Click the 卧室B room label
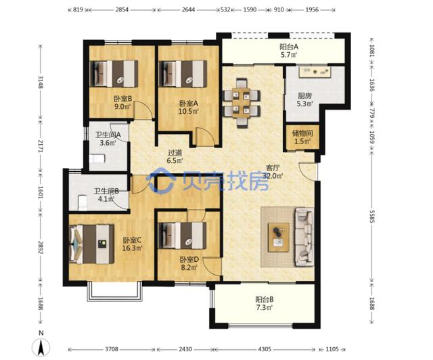pyautogui.click(x=123, y=98)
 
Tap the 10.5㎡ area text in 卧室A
pyautogui.click(x=189, y=111)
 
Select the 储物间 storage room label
pyautogui.click(x=302, y=133)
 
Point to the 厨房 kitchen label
pyautogui.click(x=304, y=95)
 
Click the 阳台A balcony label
pyautogui.click(x=289, y=47)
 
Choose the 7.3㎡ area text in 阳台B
pyautogui.click(x=265, y=307)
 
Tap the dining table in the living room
pyautogui.click(x=242, y=104)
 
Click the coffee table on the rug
pyautogui.click(x=279, y=238)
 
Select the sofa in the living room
pyautogui.click(x=304, y=237)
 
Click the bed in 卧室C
pyautogui.click(x=92, y=244)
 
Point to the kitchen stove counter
pyautogui.click(x=315, y=72)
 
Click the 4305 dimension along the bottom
pyautogui.click(x=265, y=349)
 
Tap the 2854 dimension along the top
pyautogui.click(x=122, y=9)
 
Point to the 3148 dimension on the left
pyautogui.click(x=41, y=82)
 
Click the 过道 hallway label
pyautogui.click(x=175, y=152)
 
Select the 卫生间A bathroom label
pyautogui.click(x=108, y=135)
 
